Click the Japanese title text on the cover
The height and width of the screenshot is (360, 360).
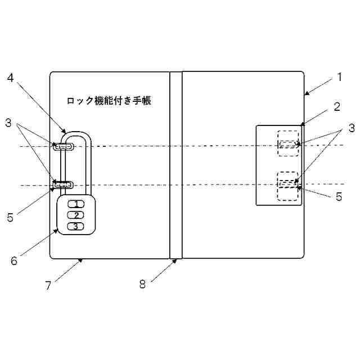pyautogui.click(x=109, y=101)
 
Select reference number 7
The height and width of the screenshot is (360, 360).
pyautogui.click(x=48, y=285)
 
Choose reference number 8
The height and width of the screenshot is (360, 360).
pyautogui.click(x=142, y=285)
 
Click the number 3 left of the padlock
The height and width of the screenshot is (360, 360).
pyautogui.click(x=8, y=121)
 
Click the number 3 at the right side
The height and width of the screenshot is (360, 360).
pyautogui.click(x=351, y=128)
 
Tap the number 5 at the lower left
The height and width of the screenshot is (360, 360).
pyautogui.click(x=10, y=217)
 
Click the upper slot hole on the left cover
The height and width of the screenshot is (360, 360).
pyautogui.click(x=64, y=146)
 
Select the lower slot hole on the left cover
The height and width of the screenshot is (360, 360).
pyautogui.click(x=63, y=184)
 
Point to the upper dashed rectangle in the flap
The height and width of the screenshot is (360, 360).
pyautogui.click(x=287, y=143)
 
